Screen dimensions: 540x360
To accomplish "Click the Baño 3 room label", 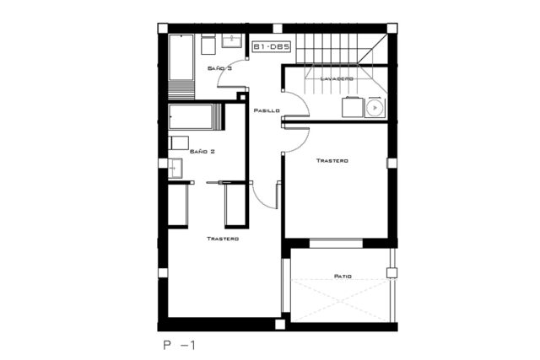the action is click(219, 68).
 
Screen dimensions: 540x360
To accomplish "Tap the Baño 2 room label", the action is click(202, 151).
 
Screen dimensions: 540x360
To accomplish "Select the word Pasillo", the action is click(267, 110).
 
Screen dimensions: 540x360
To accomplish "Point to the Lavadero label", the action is click(337, 78).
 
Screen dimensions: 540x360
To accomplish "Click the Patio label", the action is click(343, 276).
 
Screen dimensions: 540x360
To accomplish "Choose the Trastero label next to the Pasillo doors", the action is click(332, 161).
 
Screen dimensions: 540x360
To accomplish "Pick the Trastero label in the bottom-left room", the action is click(223, 239).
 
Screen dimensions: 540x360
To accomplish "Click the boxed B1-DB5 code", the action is click(272, 47).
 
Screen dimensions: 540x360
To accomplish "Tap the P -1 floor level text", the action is click(180, 345).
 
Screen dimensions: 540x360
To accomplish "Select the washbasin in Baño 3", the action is click(231, 40).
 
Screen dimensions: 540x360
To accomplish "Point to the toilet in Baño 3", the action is click(208, 45).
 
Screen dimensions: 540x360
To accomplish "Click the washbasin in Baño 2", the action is click(175, 169).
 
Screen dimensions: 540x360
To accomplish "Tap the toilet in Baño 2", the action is click(178, 142).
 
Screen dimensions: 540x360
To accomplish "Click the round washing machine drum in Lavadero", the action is click(375, 108).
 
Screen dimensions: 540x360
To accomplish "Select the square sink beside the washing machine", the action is click(353, 107).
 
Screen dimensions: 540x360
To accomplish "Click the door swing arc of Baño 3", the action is click(228, 74).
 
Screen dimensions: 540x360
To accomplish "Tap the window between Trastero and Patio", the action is click(336, 243).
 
